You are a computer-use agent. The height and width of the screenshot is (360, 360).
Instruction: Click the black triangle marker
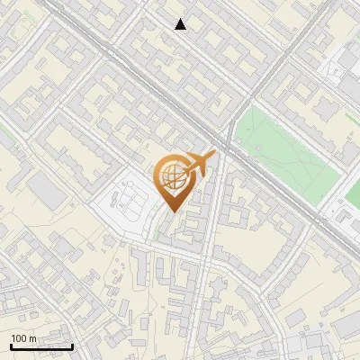click(181, 24)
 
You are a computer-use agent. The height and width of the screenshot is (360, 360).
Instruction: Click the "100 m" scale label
click(23, 338)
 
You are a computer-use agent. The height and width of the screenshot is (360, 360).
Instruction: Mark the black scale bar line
click(41, 346)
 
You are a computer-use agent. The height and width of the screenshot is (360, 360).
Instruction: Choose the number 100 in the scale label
click(19, 338)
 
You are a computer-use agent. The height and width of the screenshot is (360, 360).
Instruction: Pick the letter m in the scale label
click(32, 338)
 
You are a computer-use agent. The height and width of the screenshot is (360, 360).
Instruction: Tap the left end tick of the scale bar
click(11, 345)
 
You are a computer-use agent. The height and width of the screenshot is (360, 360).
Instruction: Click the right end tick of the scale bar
click(72, 345)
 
